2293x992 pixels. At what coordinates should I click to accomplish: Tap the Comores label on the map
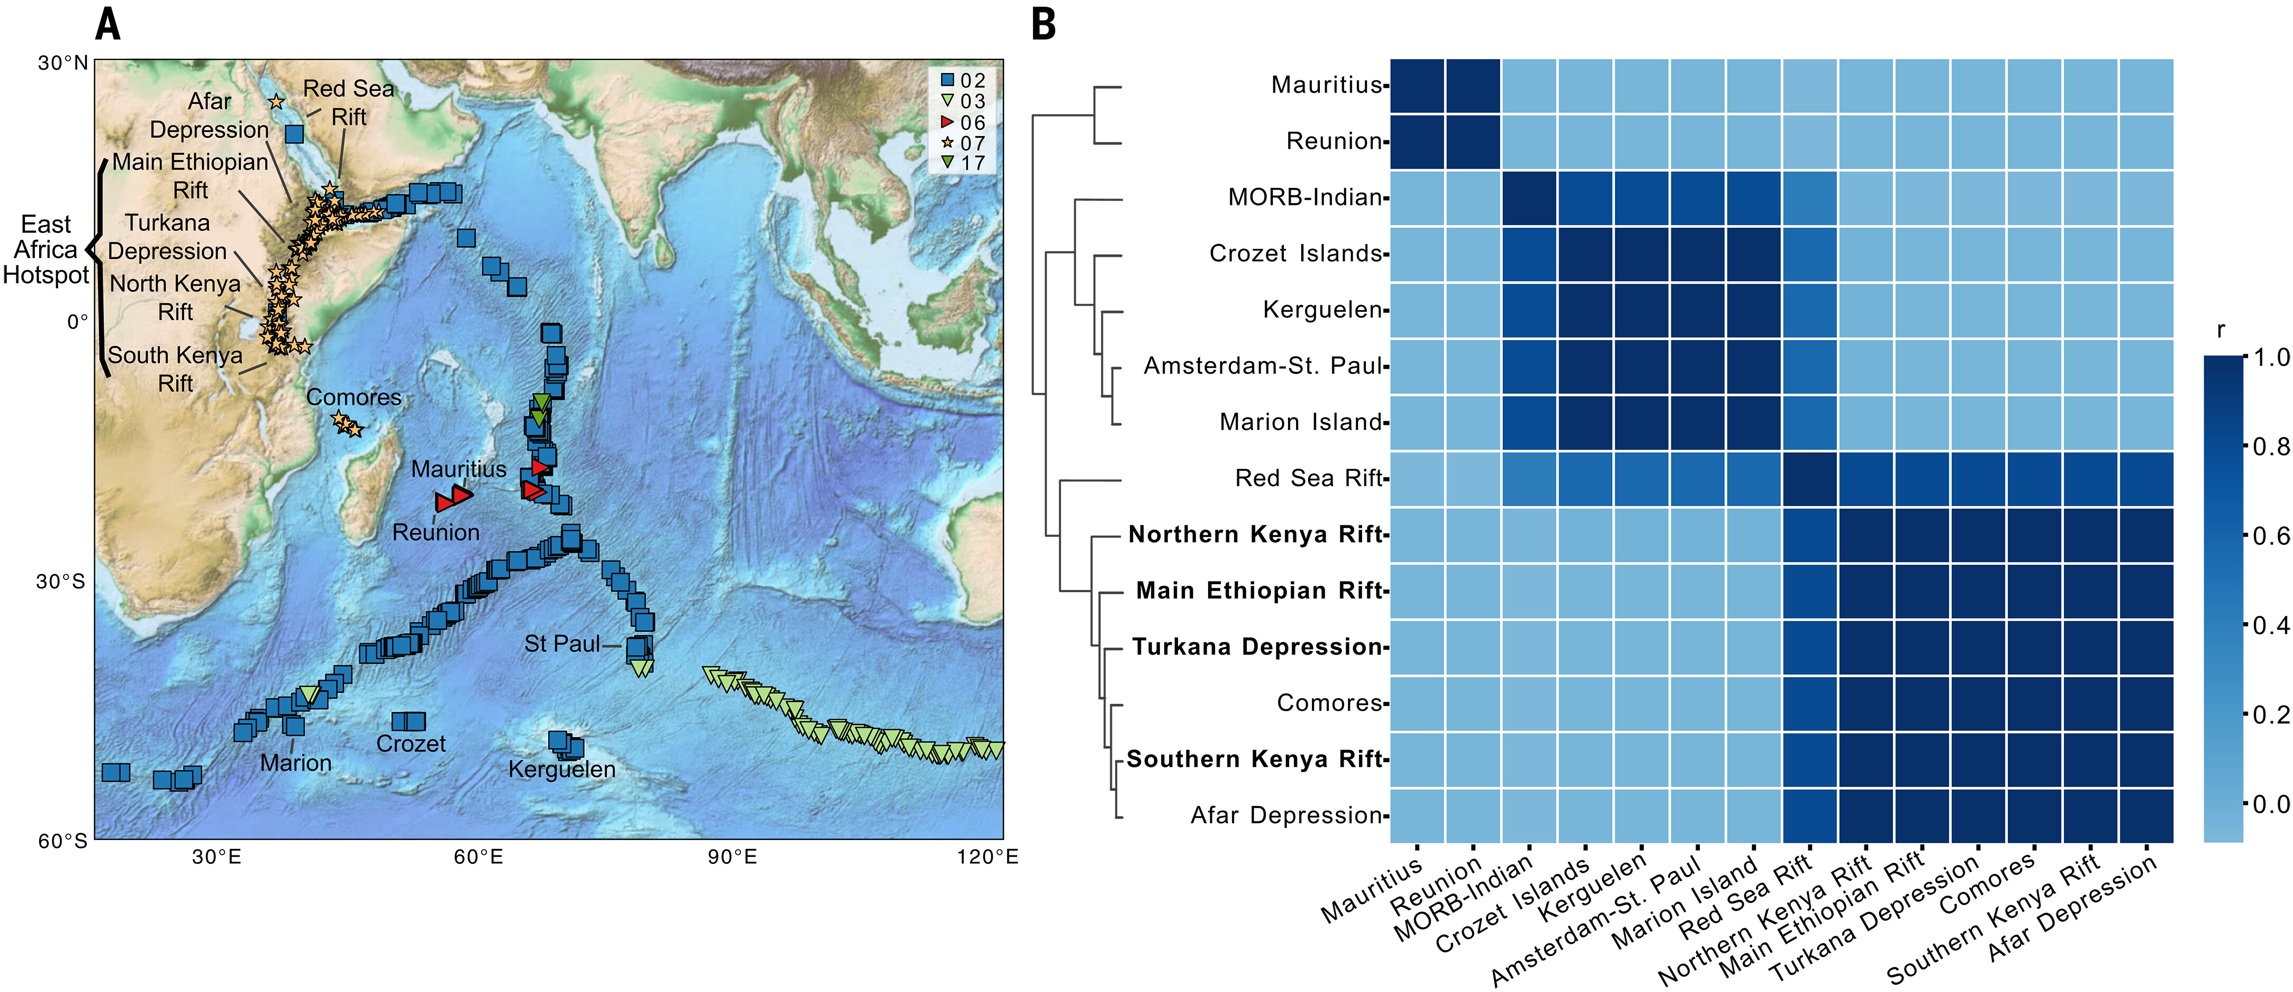coord(354,397)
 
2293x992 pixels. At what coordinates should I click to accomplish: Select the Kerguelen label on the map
coord(561,770)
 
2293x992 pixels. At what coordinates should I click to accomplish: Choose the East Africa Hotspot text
coord(46,249)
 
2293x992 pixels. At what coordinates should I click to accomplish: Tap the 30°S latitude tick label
coord(60,582)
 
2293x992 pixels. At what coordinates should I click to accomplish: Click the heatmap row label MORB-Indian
coord(1305,197)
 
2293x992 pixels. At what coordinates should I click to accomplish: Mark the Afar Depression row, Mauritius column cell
coord(1417,816)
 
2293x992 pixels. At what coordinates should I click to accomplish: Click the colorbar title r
coord(2221,331)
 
